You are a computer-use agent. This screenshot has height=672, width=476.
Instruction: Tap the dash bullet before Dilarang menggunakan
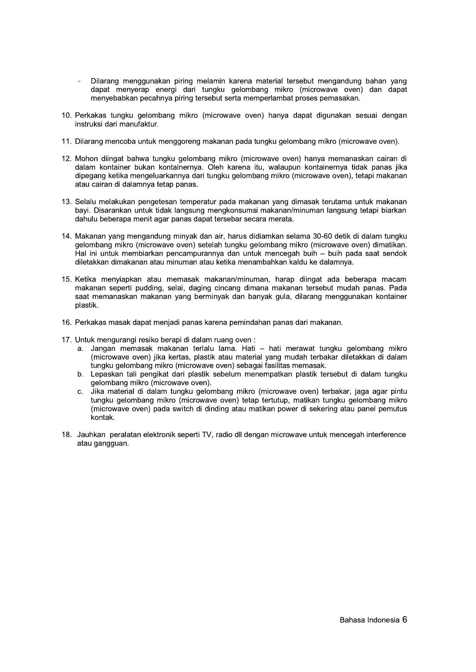pos(80,81)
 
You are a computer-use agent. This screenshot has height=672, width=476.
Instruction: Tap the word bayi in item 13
pos(81,211)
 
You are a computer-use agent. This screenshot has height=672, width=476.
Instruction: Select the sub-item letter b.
pos(80,374)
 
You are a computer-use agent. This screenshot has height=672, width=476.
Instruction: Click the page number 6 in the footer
pos(404,620)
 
